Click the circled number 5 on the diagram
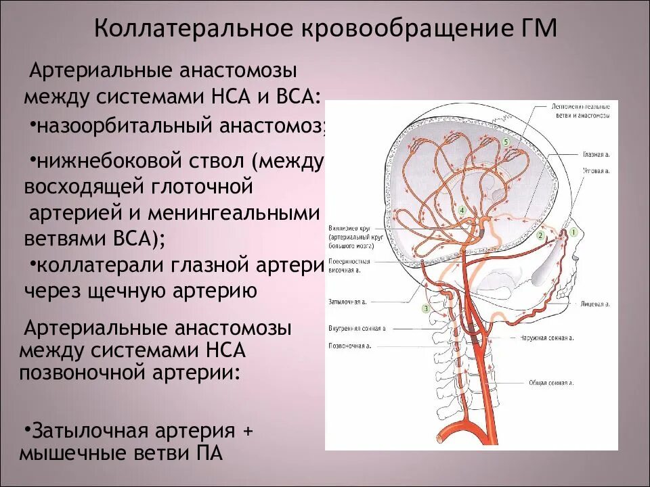(x=505, y=141)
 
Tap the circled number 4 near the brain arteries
(x=462, y=210)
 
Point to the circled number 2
(x=540, y=235)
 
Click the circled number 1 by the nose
(x=573, y=232)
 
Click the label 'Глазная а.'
(x=595, y=154)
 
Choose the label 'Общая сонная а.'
(x=551, y=383)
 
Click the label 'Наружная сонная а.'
(x=547, y=337)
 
